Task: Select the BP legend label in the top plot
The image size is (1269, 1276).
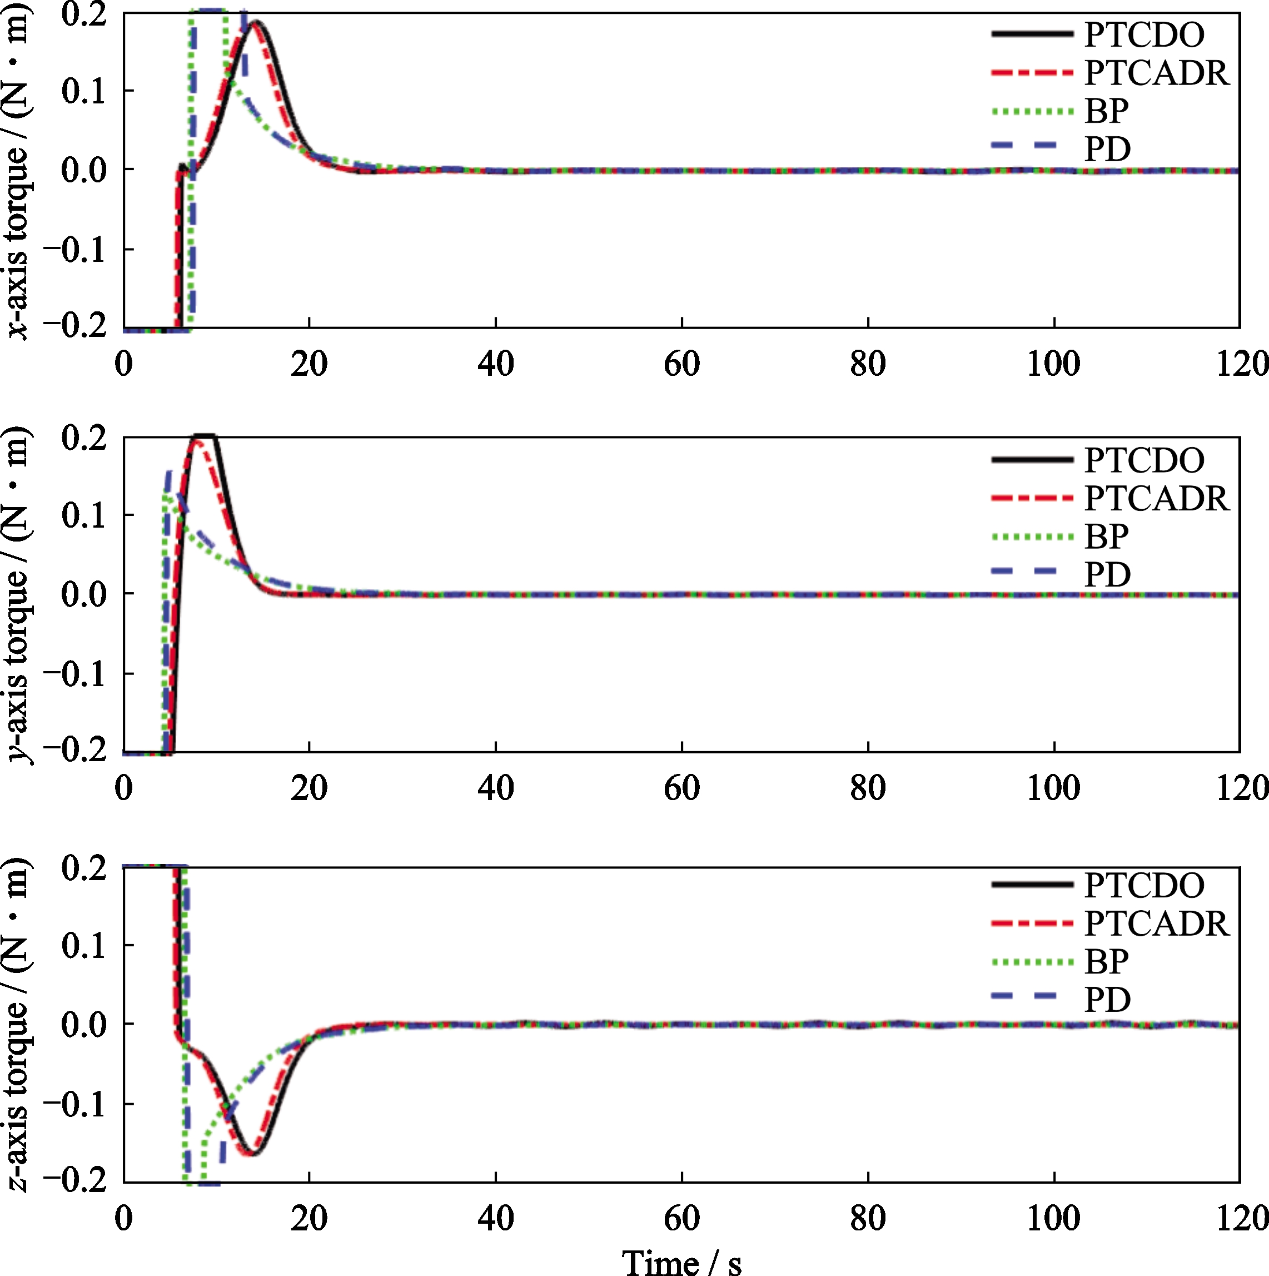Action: pos(1107,111)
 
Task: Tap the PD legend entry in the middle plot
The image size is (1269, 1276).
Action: pos(1108,574)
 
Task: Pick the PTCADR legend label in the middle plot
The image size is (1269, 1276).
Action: pos(1157,498)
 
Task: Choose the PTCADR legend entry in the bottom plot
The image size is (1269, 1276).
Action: pos(1157,924)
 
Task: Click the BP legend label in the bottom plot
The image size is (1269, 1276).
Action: pos(1107,961)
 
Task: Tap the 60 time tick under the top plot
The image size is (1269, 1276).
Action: pos(681,364)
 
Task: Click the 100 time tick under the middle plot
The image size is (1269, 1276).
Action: pos(1054,788)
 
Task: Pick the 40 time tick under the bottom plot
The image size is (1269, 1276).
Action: pos(495,1218)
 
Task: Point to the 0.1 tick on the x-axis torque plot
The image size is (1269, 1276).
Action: pos(84,91)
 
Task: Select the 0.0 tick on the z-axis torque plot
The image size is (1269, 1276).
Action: pos(84,1024)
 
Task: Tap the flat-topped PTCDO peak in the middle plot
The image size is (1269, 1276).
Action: pos(203,436)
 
